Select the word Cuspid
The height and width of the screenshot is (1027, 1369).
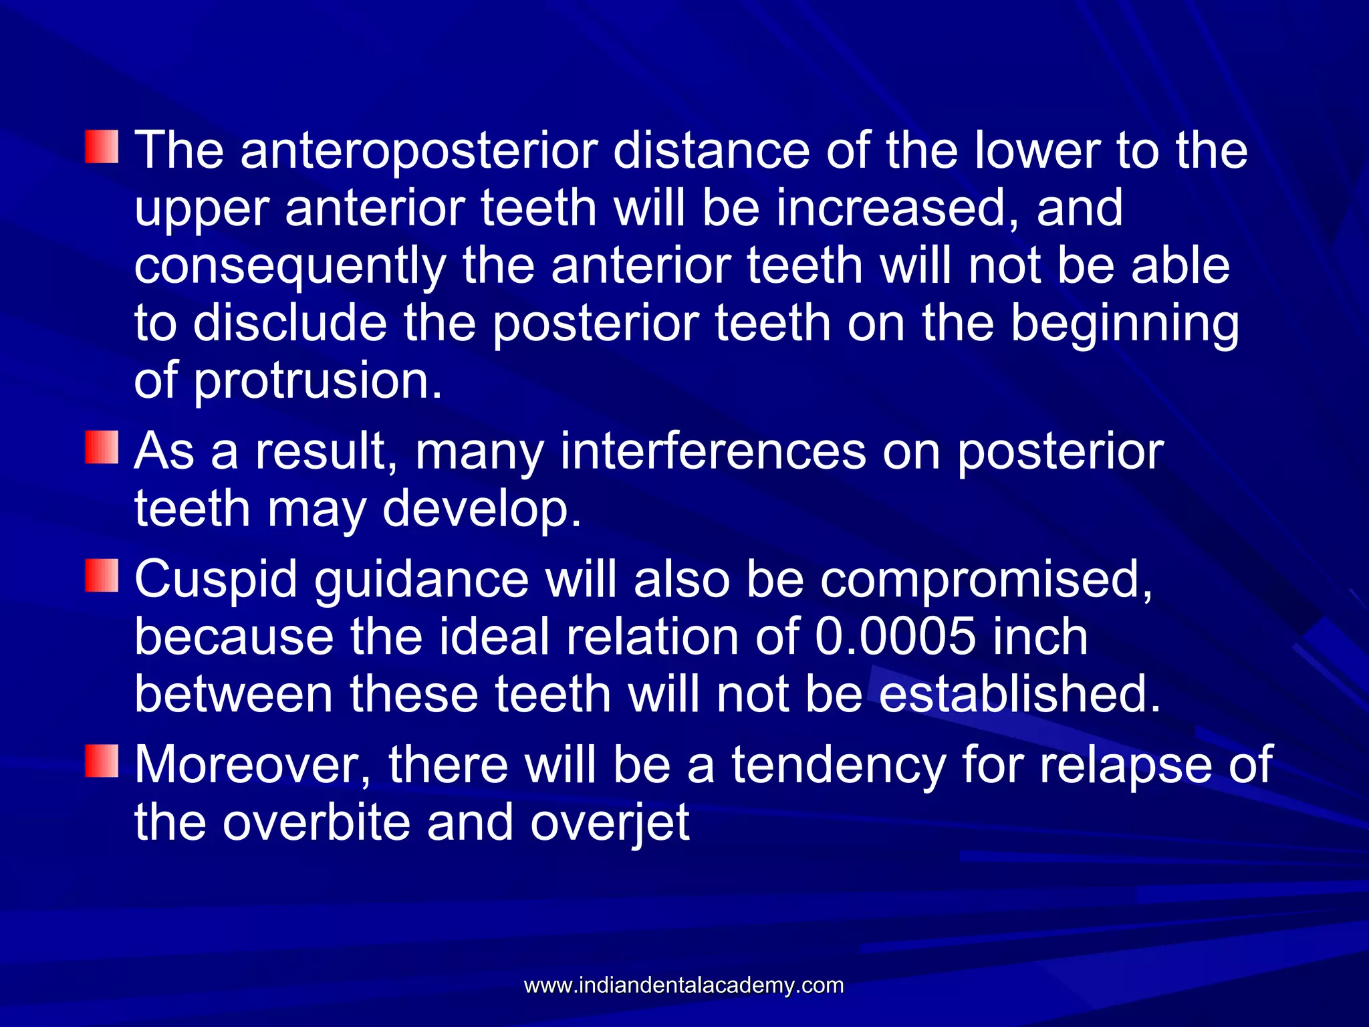pyautogui.click(x=216, y=580)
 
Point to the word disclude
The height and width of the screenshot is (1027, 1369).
pyautogui.click(x=289, y=324)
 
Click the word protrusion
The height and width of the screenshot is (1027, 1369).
pyautogui.click(x=318, y=381)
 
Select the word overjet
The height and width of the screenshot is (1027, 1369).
pyautogui.click(x=610, y=823)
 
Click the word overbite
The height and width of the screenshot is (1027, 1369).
pyautogui.click(x=316, y=823)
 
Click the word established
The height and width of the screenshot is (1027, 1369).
pyautogui.click(x=1019, y=695)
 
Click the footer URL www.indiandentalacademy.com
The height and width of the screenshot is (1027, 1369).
pyautogui.click(x=684, y=986)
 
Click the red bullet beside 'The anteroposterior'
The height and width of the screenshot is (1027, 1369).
pyautogui.click(x=102, y=147)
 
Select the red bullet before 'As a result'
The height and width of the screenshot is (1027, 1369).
pyautogui.click(x=102, y=447)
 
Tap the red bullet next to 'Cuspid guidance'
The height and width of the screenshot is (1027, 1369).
pyautogui.click(x=102, y=576)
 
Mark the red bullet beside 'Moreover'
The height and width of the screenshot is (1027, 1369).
pyautogui.click(x=102, y=761)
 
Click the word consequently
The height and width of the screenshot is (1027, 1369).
pyautogui.click(x=289, y=266)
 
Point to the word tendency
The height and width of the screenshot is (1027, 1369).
pyautogui.click(x=838, y=765)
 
